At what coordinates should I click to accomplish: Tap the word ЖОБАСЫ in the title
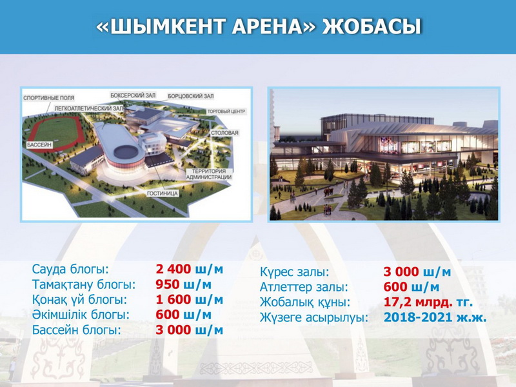(x=372, y=27)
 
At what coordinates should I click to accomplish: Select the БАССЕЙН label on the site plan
(x=39, y=144)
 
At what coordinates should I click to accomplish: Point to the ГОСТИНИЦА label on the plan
(x=163, y=193)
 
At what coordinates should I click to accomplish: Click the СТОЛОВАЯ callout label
(x=224, y=133)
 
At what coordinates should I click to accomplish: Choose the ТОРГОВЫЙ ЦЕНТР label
(x=226, y=112)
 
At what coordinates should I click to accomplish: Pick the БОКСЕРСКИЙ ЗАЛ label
(x=133, y=95)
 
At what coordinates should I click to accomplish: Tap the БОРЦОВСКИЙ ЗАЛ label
(x=191, y=96)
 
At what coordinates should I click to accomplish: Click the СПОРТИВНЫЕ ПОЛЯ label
(x=49, y=98)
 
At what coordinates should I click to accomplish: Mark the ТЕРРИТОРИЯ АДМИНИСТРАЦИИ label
(x=209, y=174)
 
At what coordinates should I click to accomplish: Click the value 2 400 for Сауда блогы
(x=173, y=269)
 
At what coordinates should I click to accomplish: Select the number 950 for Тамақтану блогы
(x=168, y=284)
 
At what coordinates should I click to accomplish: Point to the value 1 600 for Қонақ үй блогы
(x=173, y=299)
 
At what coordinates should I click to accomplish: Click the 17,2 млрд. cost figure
(x=417, y=302)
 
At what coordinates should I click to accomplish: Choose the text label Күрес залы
(x=295, y=272)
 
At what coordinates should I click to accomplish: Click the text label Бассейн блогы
(x=76, y=330)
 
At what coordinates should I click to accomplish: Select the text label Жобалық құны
(x=305, y=302)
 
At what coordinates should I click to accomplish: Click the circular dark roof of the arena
(x=126, y=152)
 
